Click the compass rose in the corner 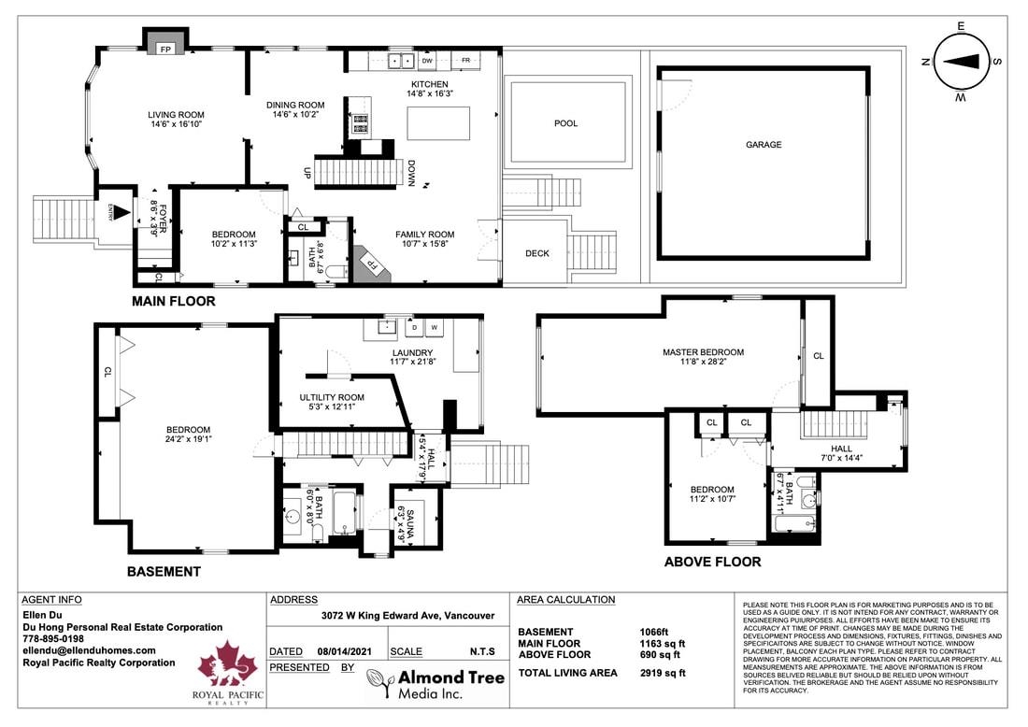(961, 61)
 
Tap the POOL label (565, 123)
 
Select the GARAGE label (764, 145)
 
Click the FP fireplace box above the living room (165, 48)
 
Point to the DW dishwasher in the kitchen (426, 61)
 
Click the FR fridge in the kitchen (464, 61)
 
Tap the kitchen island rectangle (437, 123)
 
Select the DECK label (537, 253)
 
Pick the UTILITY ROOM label (332, 397)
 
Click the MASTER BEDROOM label (703, 352)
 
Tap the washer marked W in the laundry (434, 328)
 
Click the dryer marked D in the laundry (413, 328)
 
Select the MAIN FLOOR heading (173, 301)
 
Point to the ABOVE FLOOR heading (712, 562)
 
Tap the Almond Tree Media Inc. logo (435, 683)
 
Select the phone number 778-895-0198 (53, 639)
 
